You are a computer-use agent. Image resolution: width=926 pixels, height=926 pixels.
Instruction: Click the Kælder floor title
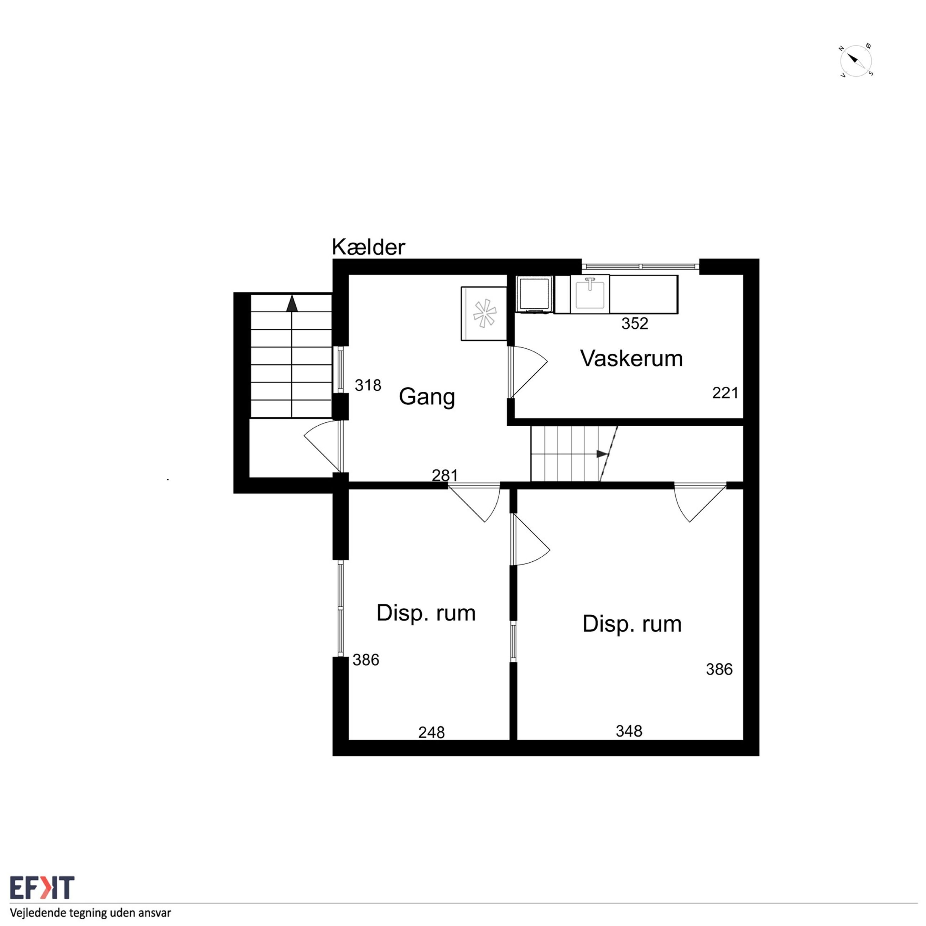tap(368, 247)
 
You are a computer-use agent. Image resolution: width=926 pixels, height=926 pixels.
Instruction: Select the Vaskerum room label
tap(631, 359)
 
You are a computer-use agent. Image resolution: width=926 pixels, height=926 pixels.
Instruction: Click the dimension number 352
tap(635, 323)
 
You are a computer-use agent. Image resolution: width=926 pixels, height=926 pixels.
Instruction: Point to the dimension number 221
tap(725, 393)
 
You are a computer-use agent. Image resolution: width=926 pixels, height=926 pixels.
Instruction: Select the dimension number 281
tap(445, 475)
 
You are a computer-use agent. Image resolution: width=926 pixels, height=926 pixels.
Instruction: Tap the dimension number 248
tap(431, 732)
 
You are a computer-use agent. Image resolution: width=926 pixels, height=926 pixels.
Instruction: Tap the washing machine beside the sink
tap(535, 294)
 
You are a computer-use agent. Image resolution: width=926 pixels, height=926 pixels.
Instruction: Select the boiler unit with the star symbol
tap(484, 313)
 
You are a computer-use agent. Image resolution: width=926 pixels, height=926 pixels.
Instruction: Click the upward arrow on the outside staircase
tap(292, 303)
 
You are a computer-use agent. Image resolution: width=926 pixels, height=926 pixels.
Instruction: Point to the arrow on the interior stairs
tap(602, 453)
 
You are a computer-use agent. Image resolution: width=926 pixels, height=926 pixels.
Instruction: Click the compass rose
tap(856, 61)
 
